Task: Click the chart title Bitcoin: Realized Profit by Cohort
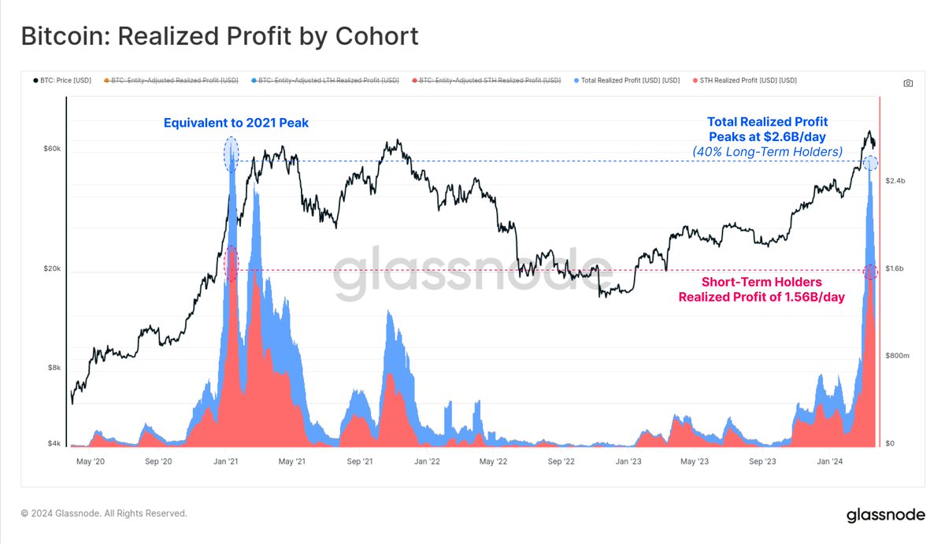[219, 36]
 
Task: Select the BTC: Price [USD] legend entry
[61, 80]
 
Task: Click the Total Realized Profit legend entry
[627, 80]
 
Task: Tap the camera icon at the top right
[908, 83]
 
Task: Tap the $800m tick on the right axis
[899, 356]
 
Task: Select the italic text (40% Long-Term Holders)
[767, 151]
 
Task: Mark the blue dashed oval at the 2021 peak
[231, 154]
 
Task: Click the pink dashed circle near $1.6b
[870, 272]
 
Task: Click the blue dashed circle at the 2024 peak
[870, 163]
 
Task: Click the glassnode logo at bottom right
[885, 516]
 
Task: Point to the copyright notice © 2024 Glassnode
[104, 513]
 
